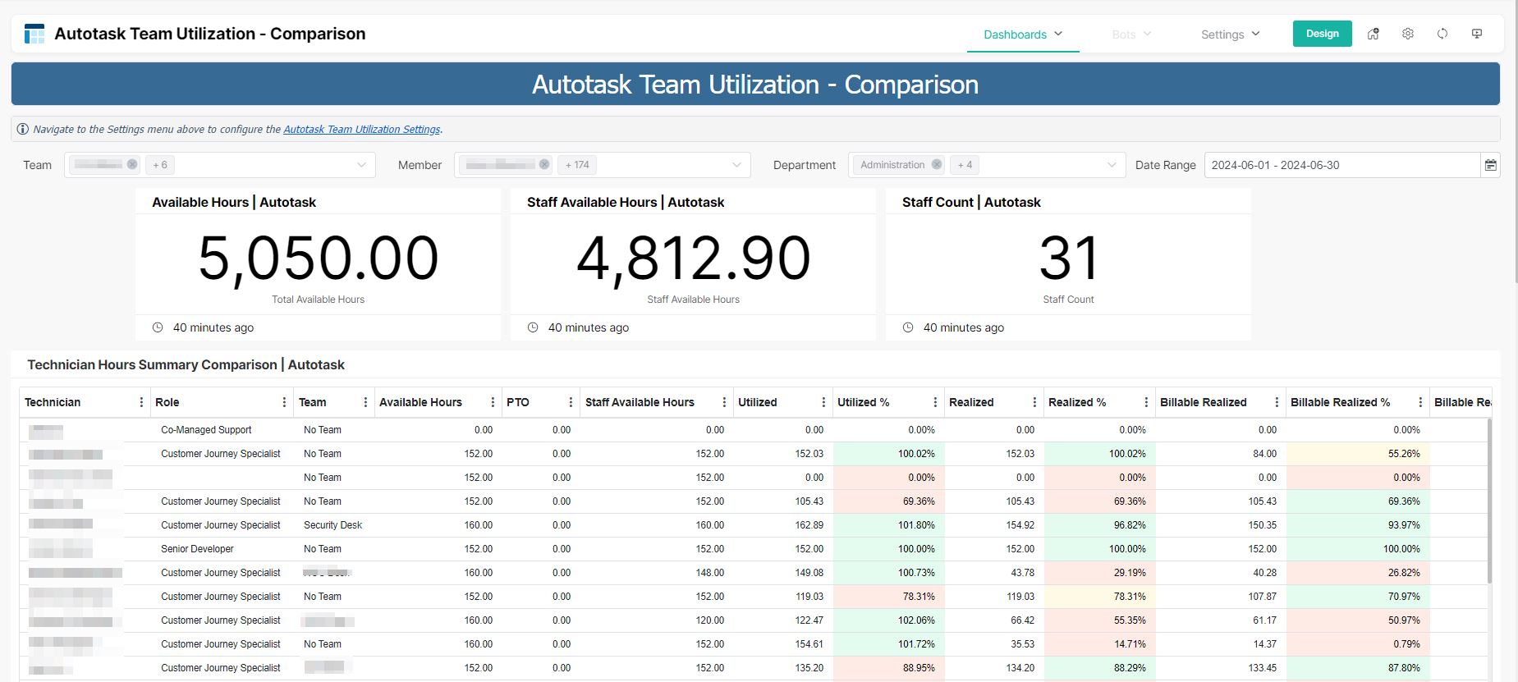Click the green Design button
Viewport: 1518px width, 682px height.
point(1322,34)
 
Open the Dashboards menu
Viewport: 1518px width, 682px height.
point(1022,34)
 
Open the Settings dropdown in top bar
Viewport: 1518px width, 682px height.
point(1229,34)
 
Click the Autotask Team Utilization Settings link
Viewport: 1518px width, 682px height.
point(361,130)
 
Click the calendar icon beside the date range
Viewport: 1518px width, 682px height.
point(1490,165)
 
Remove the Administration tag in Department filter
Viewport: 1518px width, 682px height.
point(936,165)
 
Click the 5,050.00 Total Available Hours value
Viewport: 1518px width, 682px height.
point(318,259)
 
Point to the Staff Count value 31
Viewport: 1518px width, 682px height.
point(1068,259)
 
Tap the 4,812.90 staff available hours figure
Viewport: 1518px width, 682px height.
point(693,259)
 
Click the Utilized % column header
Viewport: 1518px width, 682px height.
point(864,402)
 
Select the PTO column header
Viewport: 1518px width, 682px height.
point(518,402)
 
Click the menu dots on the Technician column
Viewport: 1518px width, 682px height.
point(141,402)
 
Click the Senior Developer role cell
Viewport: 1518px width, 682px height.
point(197,549)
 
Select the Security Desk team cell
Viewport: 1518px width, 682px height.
point(332,525)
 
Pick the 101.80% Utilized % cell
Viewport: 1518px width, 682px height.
point(916,525)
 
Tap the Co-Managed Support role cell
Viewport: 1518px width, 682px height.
point(206,430)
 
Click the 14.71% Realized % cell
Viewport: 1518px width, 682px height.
point(1129,644)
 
